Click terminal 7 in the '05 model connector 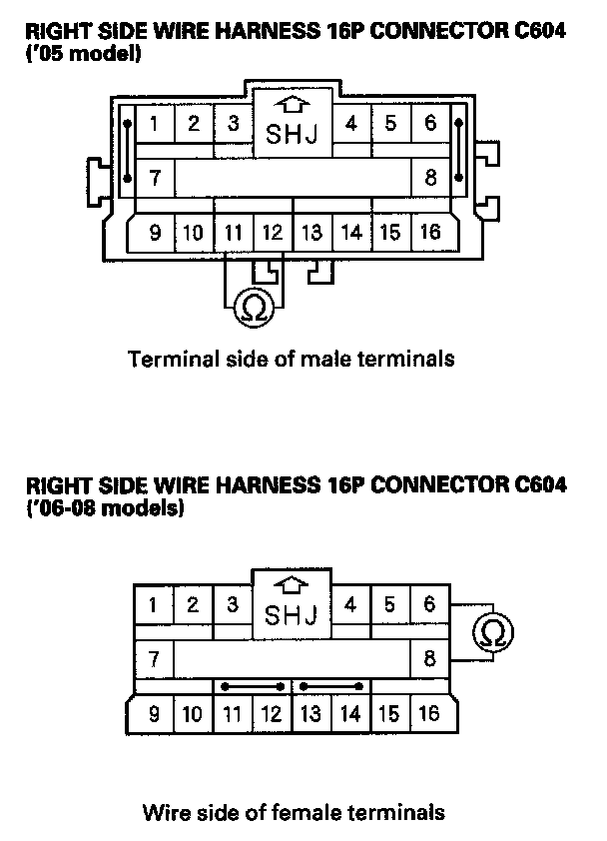155,180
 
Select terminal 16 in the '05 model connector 430,233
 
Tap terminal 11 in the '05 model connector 234,233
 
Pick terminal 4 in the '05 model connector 351,124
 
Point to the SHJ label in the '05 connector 293,133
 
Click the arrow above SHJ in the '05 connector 292,103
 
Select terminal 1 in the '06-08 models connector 153,604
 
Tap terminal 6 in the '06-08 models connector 430,604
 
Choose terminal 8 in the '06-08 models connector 430,659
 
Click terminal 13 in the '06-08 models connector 311,713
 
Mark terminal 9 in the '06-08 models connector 154,713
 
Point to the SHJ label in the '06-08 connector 292,614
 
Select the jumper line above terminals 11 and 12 252,687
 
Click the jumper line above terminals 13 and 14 331,687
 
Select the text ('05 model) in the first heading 82,52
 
